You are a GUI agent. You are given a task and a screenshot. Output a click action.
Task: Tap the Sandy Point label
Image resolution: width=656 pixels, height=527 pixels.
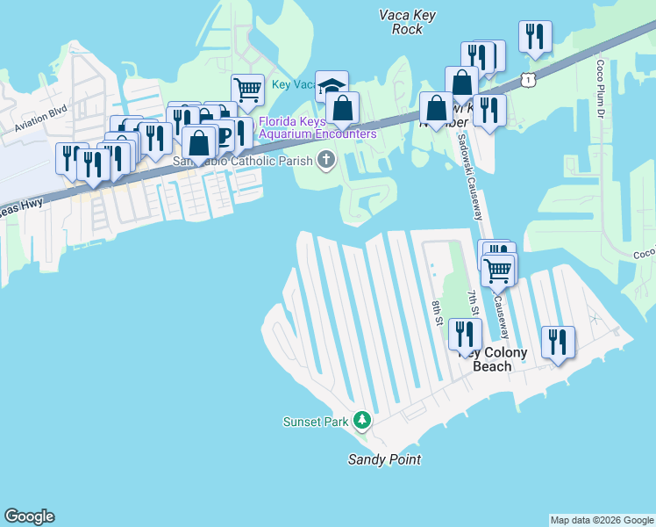384,459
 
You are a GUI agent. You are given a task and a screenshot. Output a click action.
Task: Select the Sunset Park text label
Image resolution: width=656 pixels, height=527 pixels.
316,422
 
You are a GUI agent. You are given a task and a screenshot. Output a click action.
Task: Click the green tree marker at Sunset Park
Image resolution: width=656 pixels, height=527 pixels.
361,421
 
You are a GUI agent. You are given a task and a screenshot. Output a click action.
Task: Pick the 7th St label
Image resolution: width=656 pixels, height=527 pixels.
472,304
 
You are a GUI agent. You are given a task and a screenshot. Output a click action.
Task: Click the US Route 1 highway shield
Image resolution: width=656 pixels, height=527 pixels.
527,80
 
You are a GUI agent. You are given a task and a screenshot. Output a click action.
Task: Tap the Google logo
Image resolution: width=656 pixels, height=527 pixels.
29,516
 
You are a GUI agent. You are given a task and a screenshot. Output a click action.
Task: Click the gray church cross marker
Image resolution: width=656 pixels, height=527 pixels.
326,159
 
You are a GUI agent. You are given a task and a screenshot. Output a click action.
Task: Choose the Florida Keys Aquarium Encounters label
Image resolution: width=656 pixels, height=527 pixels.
317,127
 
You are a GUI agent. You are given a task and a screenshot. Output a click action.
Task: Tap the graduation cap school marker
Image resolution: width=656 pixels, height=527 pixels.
332,86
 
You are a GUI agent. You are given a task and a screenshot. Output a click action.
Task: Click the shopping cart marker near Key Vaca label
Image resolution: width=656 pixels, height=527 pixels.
248,89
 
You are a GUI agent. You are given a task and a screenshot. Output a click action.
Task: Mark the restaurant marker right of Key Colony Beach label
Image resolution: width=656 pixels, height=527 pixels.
558,342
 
